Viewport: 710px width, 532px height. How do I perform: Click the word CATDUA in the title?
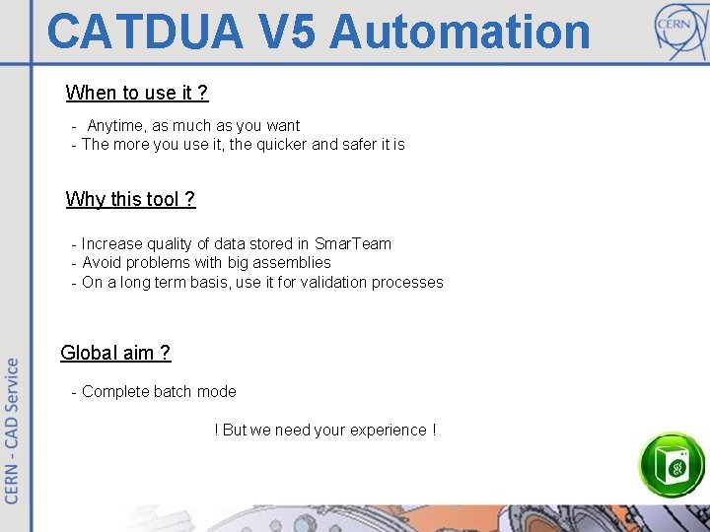click(x=144, y=32)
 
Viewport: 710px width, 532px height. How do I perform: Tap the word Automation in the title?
click(x=460, y=32)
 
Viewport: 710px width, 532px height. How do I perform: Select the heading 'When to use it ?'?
click(x=137, y=93)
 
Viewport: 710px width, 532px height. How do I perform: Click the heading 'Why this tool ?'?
click(x=130, y=199)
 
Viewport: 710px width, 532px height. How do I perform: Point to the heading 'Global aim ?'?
click(x=115, y=353)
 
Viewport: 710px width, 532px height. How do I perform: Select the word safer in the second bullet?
click(x=359, y=145)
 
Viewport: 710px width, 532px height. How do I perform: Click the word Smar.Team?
click(x=353, y=243)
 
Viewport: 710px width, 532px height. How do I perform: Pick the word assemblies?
click(x=293, y=263)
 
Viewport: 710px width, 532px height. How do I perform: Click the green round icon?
click(x=673, y=464)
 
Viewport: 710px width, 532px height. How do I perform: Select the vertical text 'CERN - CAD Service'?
click(x=13, y=431)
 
